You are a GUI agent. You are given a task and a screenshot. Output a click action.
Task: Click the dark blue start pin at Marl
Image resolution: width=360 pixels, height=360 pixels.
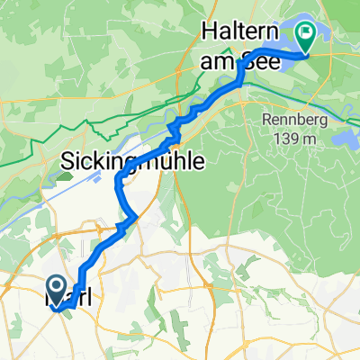(x=56, y=290)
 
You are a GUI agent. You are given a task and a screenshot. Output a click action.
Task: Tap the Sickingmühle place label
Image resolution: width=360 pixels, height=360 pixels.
(x=132, y=161)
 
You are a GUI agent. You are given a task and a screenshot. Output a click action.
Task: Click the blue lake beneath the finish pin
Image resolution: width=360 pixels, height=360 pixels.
(x=319, y=56)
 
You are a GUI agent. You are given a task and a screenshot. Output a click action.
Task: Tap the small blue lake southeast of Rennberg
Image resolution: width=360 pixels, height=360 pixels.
(x=346, y=137)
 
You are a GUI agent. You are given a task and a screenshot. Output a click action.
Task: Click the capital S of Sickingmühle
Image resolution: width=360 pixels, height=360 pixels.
(x=69, y=161)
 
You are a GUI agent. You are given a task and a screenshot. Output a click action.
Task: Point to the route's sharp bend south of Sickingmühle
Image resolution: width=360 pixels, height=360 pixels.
(x=135, y=216)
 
